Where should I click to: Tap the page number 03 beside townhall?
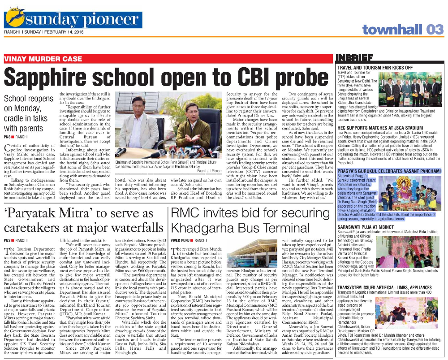(x=434, y=30)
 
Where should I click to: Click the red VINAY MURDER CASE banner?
(x=43, y=59)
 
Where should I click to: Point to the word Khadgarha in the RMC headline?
(x=203, y=227)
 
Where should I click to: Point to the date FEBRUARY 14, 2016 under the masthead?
(x=62, y=32)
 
